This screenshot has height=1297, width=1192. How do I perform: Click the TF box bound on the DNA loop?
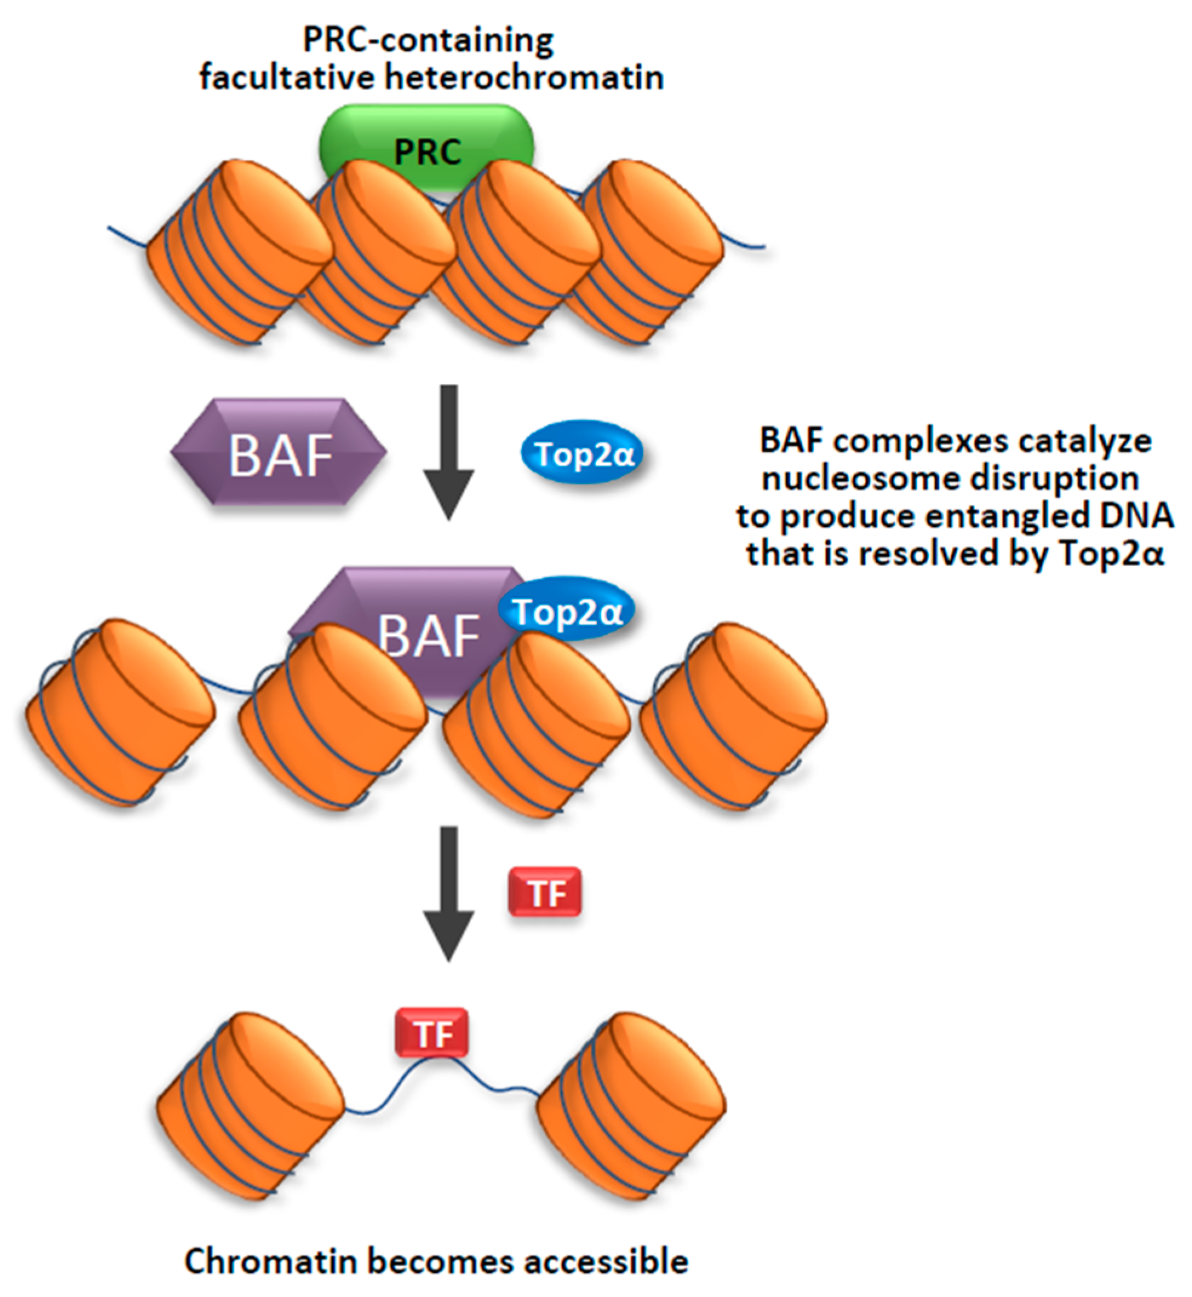coord(431,1032)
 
